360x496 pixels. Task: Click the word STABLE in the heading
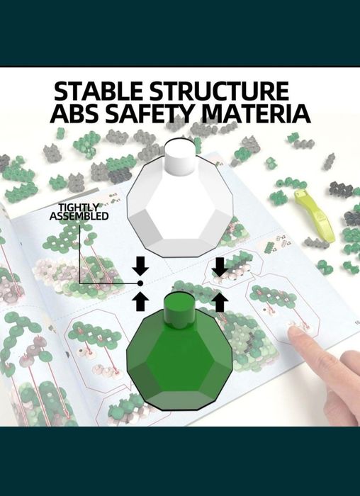[x=98, y=91]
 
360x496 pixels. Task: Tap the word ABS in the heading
[x=74, y=113]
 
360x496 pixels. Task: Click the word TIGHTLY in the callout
[x=79, y=208]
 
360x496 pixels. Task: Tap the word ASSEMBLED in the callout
[x=79, y=216]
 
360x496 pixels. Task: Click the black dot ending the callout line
[x=140, y=283]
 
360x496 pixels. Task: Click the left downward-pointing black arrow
[x=140, y=266]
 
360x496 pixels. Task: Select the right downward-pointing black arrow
[x=220, y=266]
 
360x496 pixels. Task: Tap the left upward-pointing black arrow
[x=140, y=301]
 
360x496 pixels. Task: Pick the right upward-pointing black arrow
[x=220, y=302]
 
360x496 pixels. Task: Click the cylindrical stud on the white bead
[x=179, y=157]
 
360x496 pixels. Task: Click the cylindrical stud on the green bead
[x=179, y=310]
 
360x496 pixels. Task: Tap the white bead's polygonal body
[x=180, y=209]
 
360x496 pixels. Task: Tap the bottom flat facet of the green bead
[x=179, y=400]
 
